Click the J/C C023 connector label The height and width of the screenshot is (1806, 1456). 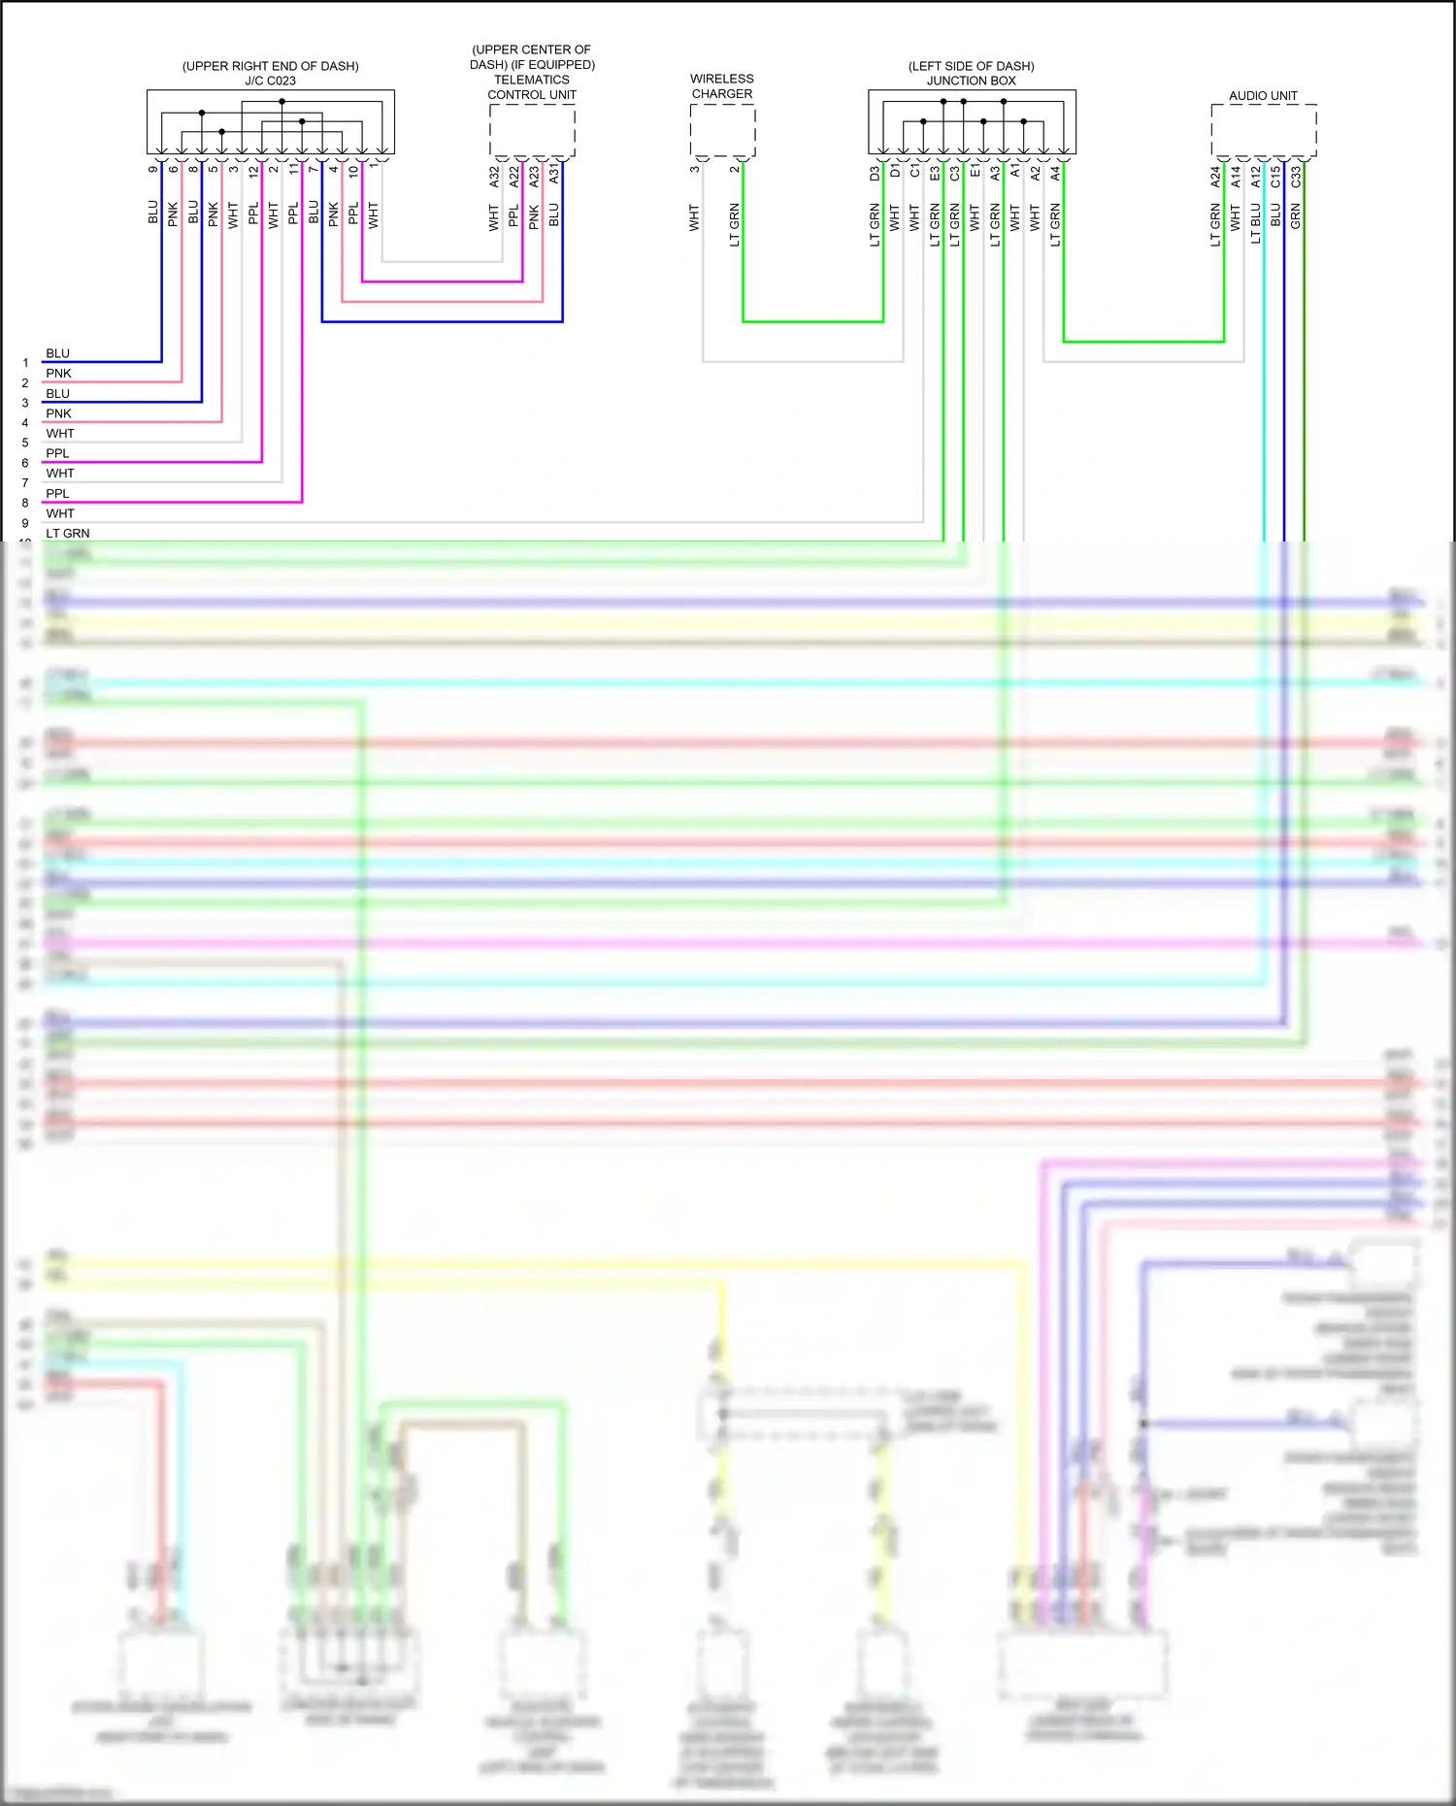[270, 81]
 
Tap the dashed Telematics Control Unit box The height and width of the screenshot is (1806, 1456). [532, 130]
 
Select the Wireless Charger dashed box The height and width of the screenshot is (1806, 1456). [722, 130]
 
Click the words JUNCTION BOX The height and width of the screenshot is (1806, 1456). [971, 81]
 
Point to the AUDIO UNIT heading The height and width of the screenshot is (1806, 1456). [1263, 95]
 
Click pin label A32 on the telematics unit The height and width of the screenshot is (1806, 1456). [494, 177]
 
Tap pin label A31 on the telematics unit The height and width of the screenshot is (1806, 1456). [554, 175]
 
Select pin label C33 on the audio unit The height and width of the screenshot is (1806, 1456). [1296, 177]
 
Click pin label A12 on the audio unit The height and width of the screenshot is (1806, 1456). [1256, 177]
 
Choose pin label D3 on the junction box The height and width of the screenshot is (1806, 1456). [875, 174]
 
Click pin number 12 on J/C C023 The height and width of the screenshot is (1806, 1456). [253, 171]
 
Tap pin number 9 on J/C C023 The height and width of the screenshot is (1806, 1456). [153, 169]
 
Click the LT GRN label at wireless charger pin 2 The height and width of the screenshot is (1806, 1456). [735, 224]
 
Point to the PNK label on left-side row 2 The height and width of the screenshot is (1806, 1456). [58, 374]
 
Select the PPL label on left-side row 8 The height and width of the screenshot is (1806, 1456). [57, 494]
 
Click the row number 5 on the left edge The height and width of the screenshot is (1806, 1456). [25, 443]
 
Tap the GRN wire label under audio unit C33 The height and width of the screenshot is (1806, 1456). [1296, 216]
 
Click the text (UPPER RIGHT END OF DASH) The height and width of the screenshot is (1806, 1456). [270, 66]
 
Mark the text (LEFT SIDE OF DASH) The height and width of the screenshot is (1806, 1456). [971, 66]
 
